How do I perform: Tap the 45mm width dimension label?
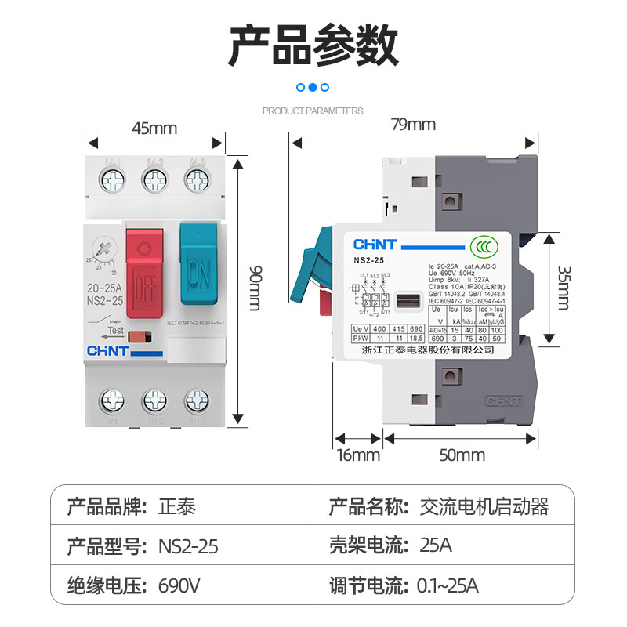click(154, 128)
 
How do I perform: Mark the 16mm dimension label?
click(357, 455)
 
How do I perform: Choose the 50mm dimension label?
click(462, 455)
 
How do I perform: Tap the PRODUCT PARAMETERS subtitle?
click(313, 111)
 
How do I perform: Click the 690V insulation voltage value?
click(179, 585)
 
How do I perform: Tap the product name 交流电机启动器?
click(484, 506)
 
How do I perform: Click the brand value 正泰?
click(176, 506)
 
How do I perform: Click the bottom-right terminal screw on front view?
click(197, 402)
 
